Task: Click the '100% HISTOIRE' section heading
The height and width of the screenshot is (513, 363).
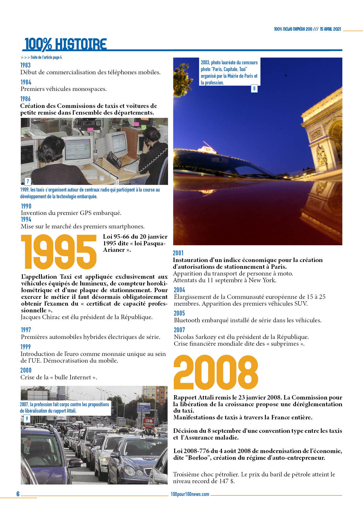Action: pyautogui.click(x=65, y=44)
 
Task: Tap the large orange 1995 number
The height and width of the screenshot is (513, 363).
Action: pyautogui.click(x=59, y=252)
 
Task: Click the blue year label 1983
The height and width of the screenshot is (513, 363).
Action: pyautogui.click(x=25, y=65)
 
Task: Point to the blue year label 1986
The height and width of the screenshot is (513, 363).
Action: pyautogui.click(x=25, y=99)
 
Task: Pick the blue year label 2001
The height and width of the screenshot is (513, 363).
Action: pyautogui.click(x=178, y=253)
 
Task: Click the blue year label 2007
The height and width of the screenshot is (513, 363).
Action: pyautogui.click(x=179, y=330)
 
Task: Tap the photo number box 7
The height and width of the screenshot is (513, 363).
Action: pyautogui.click(x=28, y=181)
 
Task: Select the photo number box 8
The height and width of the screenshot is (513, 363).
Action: pyautogui.click(x=254, y=88)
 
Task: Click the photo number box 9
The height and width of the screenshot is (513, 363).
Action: pyautogui.click(x=27, y=419)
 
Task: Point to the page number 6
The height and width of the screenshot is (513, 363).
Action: pyautogui.click(x=18, y=494)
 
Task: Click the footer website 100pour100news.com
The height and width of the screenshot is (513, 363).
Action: pyautogui.click(x=190, y=494)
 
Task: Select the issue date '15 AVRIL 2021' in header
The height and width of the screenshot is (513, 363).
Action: pyautogui.click(x=330, y=29)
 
